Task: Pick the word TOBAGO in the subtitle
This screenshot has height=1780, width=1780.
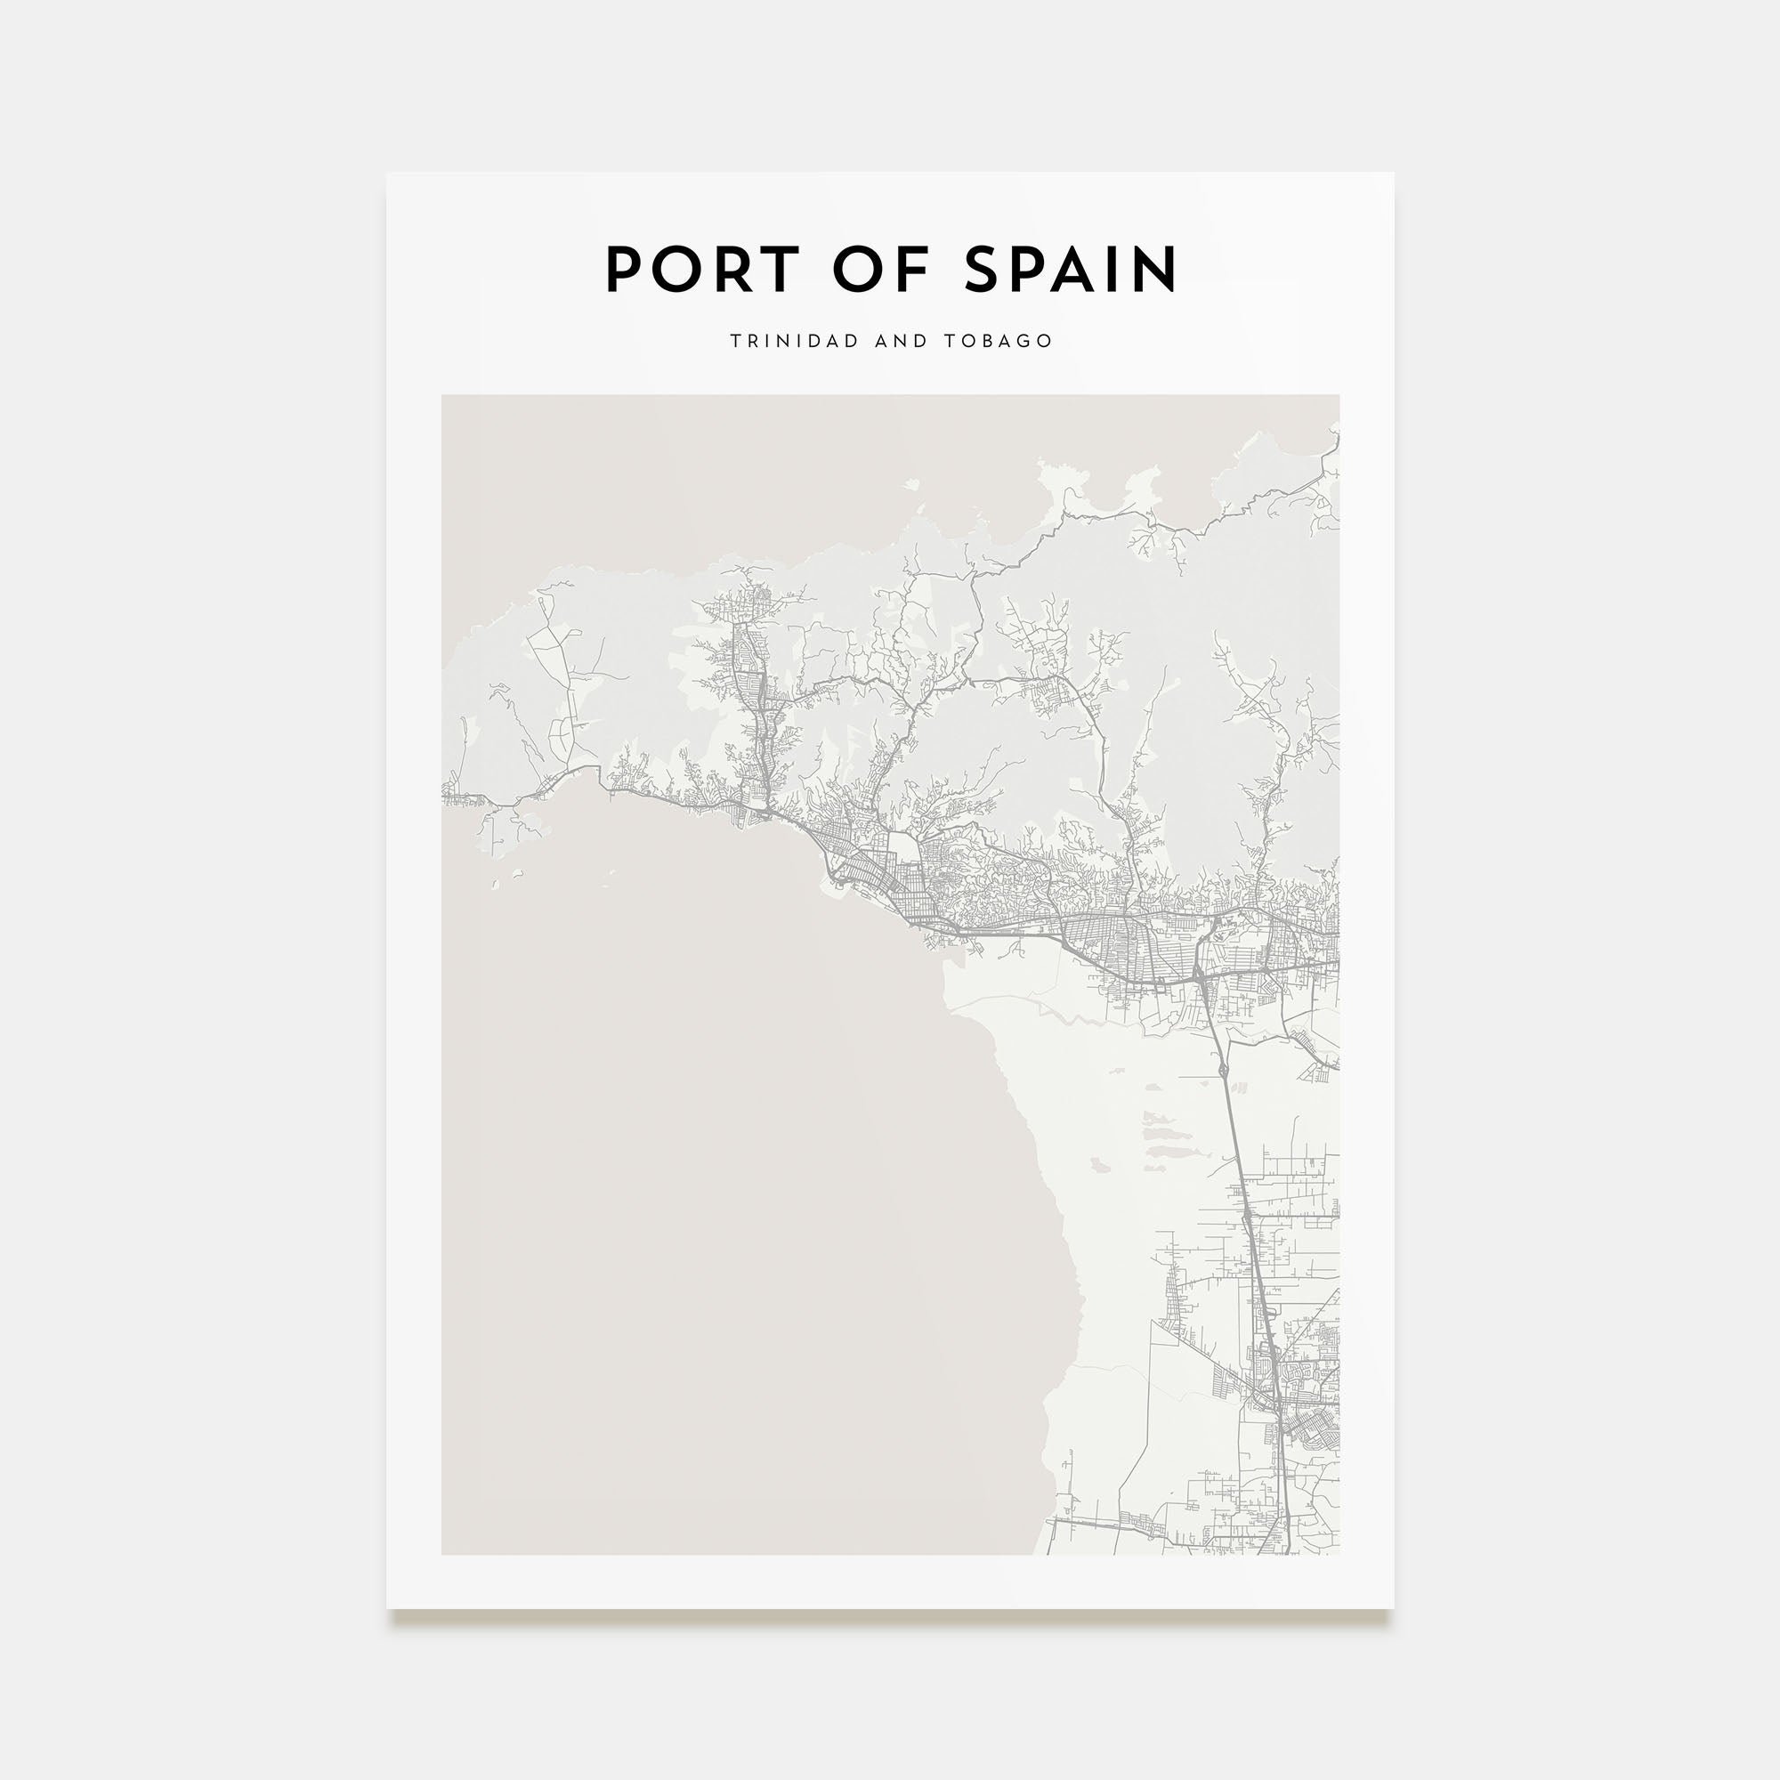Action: pos(998,341)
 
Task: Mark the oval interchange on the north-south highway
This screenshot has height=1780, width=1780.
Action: pos(1223,1070)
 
